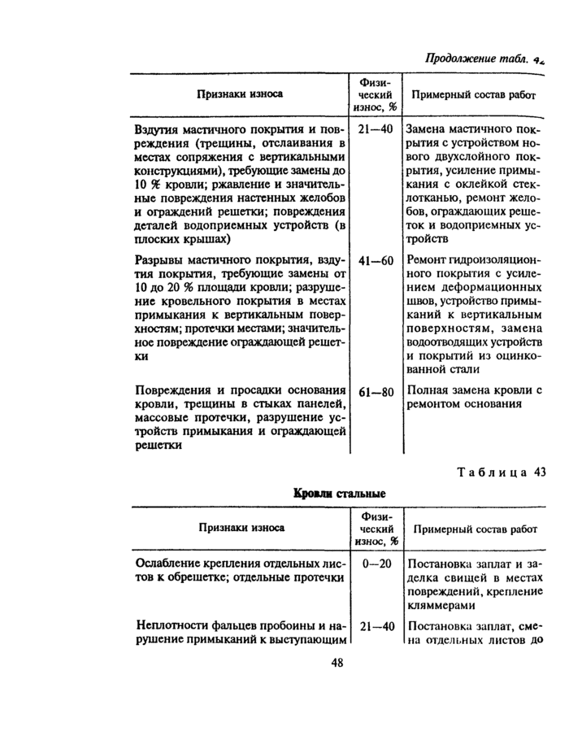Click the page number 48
337,661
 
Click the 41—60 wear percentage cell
376,261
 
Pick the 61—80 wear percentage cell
376,392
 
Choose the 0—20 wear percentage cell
376,564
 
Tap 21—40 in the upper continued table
376,129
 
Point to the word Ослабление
169,564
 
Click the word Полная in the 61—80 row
426,391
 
